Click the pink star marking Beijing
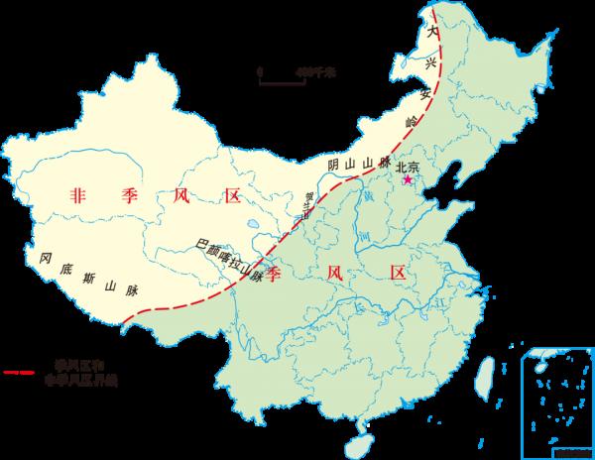[406, 180]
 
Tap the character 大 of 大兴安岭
[428, 32]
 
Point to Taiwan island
[486, 378]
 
